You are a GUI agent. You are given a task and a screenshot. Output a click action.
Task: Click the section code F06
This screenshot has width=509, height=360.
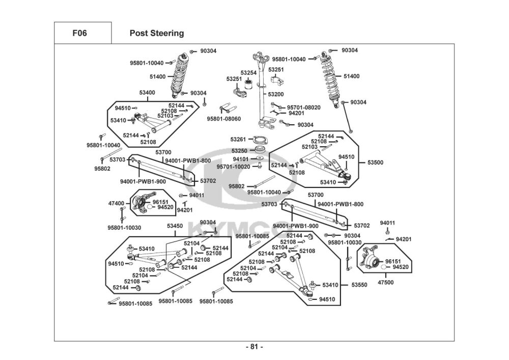(79, 33)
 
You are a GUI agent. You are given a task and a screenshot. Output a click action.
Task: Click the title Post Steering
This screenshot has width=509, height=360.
(157, 33)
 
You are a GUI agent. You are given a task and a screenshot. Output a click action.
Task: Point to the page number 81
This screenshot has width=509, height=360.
(254, 347)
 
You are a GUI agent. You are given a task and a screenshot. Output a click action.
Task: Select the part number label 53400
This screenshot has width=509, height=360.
(147, 93)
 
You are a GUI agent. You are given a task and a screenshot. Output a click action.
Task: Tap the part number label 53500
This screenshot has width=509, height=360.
(375, 162)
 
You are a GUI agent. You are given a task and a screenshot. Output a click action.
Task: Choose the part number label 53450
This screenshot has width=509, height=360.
(175, 226)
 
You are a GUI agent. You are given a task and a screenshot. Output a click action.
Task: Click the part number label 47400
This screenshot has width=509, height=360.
(116, 203)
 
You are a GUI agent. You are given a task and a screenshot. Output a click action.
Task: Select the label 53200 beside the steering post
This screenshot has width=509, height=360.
(276, 94)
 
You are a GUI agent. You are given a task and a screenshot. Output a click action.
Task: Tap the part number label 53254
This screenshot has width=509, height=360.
(249, 73)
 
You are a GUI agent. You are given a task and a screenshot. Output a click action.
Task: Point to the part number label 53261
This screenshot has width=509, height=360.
(238, 139)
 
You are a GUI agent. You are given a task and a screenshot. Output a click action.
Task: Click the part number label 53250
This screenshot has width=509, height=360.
(239, 151)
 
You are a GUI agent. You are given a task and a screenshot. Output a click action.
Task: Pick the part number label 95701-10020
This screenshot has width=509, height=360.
(233, 167)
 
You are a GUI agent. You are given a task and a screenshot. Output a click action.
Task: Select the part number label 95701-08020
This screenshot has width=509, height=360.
(304, 107)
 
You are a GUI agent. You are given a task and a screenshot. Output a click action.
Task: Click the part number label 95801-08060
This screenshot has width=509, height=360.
(224, 119)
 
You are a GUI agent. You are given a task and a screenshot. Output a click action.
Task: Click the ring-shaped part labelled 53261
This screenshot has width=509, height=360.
(260, 140)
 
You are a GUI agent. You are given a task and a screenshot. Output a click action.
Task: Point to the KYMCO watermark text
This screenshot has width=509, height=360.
(232, 228)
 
